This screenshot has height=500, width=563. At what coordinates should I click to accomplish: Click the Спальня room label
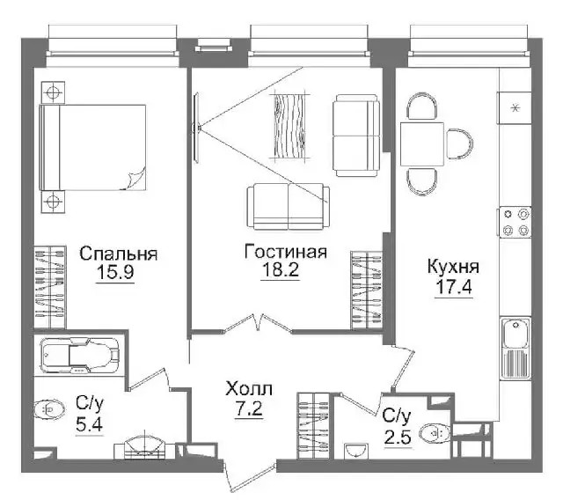point(119,254)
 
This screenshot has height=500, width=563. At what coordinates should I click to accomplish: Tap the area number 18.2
point(281,269)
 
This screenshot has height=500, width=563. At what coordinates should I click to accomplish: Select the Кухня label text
point(453,267)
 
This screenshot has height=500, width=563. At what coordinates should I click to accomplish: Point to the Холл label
point(249,389)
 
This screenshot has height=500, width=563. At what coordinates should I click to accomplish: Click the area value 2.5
point(398,437)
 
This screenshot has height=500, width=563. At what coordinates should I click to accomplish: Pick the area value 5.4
point(90,424)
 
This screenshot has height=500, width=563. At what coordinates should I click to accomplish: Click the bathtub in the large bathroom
point(80,355)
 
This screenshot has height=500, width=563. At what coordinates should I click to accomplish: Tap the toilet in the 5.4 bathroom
point(49,409)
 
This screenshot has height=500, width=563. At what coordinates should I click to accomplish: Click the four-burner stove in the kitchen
point(515,222)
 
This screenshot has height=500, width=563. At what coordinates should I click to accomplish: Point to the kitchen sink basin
point(516,334)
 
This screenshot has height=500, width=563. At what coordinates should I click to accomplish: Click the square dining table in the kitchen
point(422,143)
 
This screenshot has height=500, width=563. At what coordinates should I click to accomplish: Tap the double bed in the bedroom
point(92,147)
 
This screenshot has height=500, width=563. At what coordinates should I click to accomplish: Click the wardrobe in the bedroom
point(50,287)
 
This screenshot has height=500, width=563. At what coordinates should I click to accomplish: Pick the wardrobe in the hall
point(313,425)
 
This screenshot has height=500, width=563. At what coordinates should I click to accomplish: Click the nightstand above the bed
point(53,92)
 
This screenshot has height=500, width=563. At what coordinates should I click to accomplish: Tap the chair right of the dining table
point(459,143)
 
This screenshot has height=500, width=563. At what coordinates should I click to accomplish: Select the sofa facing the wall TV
point(289,207)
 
